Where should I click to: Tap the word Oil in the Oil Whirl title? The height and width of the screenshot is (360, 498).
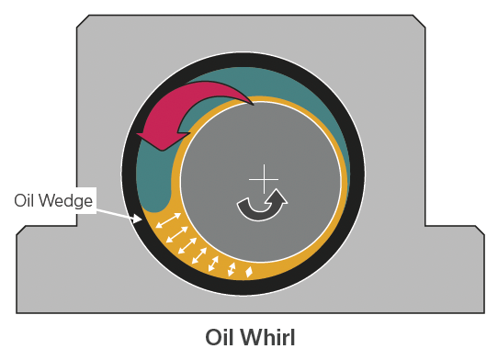tap(221, 337)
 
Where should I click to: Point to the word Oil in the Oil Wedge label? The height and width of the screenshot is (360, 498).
tap(27, 200)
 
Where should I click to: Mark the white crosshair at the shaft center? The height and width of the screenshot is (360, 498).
tap(263, 177)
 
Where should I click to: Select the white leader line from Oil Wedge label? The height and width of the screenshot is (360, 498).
tap(118, 212)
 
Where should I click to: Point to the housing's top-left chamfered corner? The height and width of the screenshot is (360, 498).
tap(82, 22)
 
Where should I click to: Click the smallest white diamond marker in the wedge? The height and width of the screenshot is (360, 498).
tap(249, 271)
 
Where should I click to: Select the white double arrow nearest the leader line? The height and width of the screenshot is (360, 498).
tap(166, 221)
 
